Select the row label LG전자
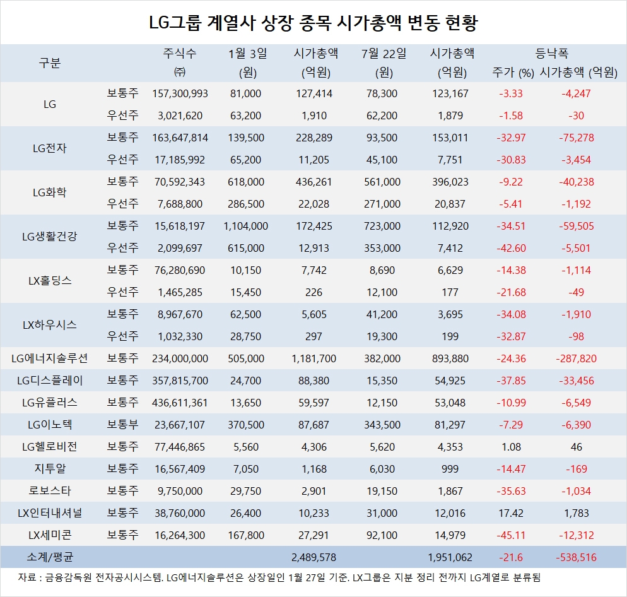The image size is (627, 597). tap(49, 149)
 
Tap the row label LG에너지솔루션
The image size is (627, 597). tap(49, 358)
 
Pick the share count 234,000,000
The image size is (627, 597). tap(180, 358)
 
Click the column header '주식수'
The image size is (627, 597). tap(180, 54)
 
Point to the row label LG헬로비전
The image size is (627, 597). tap(49, 447)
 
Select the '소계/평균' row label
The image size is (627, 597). tap(49, 557)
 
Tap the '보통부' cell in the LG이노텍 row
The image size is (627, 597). tap(122, 425)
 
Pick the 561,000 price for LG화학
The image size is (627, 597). tap(383, 182)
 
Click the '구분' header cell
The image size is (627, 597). tap(49, 62)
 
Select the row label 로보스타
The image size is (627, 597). tap(49, 491)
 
